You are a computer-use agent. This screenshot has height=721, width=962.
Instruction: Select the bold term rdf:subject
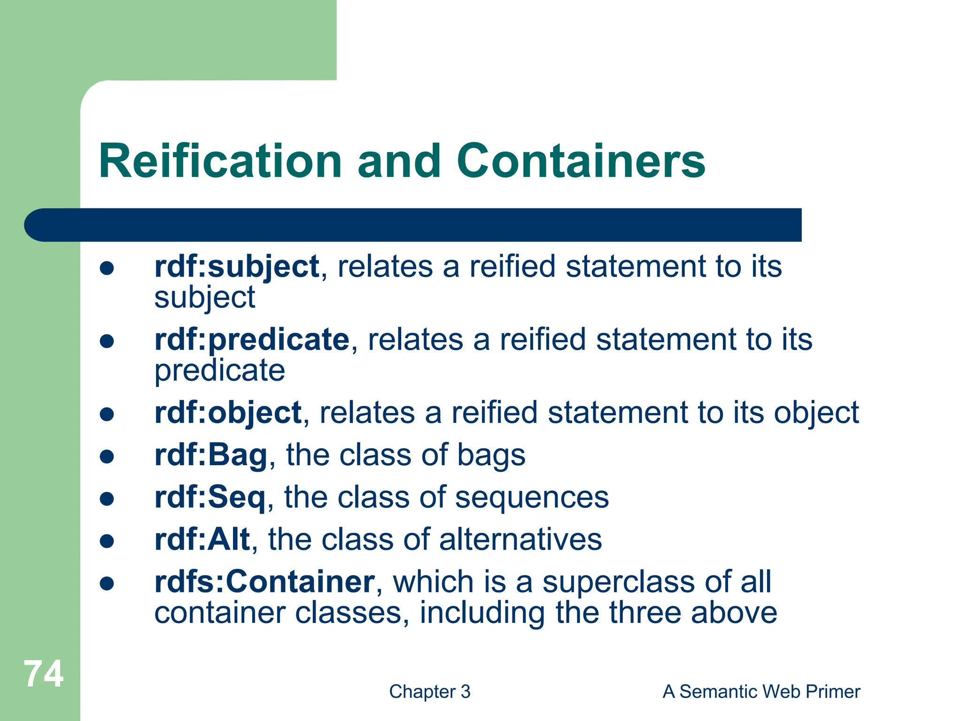[x=237, y=267]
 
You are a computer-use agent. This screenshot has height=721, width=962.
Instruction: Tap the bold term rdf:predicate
[x=252, y=339]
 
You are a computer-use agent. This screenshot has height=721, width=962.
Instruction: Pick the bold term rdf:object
[x=228, y=413]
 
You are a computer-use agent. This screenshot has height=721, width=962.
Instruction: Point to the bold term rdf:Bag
[x=211, y=455]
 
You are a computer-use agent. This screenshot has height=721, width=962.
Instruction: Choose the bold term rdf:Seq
[x=210, y=497]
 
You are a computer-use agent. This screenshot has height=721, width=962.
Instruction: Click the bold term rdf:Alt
[x=202, y=539]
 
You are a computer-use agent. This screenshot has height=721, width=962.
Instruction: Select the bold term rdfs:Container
[x=264, y=582]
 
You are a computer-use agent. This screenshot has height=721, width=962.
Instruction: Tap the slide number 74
[x=44, y=674]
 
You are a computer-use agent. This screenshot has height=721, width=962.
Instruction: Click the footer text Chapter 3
[x=429, y=691]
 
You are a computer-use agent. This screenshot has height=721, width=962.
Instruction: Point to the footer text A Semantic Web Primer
[x=761, y=691]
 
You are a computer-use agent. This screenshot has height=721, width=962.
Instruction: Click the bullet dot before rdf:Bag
[x=107, y=456]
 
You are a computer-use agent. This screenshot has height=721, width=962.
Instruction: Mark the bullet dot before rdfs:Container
[x=107, y=583]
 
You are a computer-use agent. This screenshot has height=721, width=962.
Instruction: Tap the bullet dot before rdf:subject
[x=107, y=268]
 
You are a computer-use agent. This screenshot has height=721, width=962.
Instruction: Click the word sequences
[x=532, y=497]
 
